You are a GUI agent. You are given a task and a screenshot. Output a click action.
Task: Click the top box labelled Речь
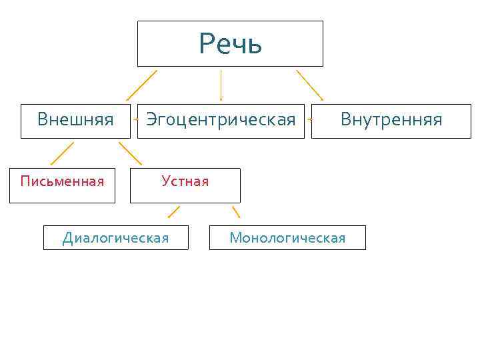click(230, 44)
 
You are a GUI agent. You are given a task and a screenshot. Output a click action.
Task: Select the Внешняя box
click(75, 121)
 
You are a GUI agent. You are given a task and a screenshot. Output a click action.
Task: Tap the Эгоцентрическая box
click(221, 121)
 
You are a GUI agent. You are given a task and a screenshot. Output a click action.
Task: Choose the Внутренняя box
click(391, 121)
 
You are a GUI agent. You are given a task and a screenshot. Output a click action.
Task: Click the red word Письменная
click(62, 181)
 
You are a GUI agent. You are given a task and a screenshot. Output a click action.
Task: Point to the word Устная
click(185, 181)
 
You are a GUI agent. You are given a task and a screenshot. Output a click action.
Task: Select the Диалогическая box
click(116, 237)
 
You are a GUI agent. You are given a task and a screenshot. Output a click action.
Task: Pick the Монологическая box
click(287, 237)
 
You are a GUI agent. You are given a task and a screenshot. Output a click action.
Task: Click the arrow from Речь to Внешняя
click(141, 85)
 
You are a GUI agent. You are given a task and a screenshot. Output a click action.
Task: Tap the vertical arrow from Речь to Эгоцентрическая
click(221, 85)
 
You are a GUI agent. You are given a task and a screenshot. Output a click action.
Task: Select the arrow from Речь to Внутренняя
click(309, 85)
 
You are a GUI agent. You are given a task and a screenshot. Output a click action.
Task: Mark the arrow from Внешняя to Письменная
click(62, 153)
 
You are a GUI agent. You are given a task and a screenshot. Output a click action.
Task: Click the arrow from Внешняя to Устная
click(131, 153)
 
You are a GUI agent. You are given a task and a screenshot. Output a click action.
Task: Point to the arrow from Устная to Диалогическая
click(173, 212)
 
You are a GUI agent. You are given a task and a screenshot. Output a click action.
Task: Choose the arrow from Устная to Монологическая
click(235, 212)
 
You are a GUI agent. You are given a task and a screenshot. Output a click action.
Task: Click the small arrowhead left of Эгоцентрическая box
click(135, 120)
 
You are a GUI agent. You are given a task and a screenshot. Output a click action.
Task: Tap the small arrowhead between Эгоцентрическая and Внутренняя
click(309, 121)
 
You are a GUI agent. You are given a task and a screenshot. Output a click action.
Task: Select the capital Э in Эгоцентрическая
click(152, 120)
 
